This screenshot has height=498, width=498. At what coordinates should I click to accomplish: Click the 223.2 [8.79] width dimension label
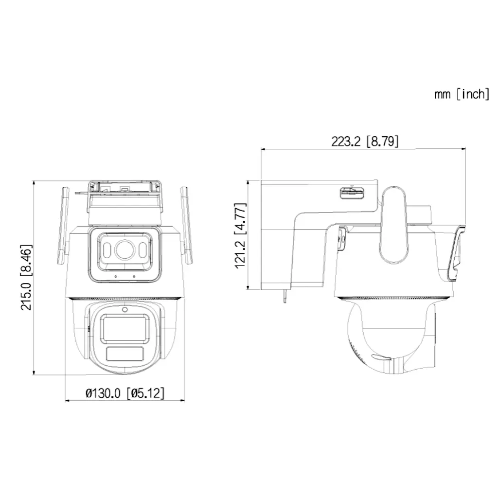tap(365, 141)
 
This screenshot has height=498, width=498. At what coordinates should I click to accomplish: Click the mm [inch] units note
tap(462, 94)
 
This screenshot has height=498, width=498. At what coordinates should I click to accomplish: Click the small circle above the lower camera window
tap(125, 310)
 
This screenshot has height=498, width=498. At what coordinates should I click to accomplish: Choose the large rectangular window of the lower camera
tap(124, 327)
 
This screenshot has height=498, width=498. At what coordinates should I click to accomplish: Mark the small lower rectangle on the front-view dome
tap(124, 354)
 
